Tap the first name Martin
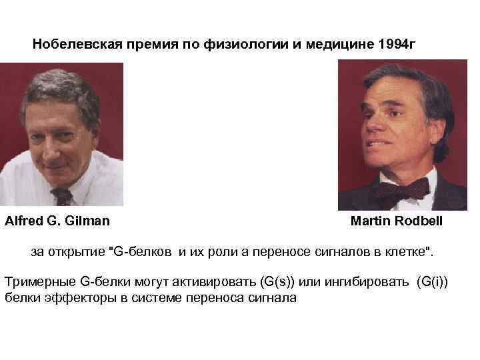pyautogui.click(x=370, y=221)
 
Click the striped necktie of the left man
pyautogui.click(x=63, y=195)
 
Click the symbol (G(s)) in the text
pyautogui.click(x=253, y=282)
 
